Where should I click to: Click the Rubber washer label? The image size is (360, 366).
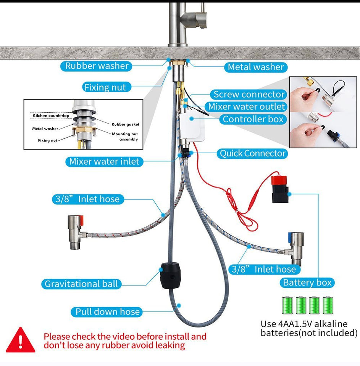click(97, 66)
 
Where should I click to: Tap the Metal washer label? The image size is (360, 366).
click(256, 67)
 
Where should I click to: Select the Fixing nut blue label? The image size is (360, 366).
click(105, 87)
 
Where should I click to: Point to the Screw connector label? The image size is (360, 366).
click(249, 95)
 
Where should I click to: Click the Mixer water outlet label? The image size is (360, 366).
click(247, 106)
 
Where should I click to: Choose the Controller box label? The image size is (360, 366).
click(253, 119)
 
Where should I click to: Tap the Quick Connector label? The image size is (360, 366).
click(252, 154)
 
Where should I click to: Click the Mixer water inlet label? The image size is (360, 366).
click(104, 162)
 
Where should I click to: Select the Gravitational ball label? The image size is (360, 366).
click(82, 284)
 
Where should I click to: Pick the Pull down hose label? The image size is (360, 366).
click(107, 312)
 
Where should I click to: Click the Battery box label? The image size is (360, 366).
click(307, 283)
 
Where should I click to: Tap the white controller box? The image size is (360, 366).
click(193, 127)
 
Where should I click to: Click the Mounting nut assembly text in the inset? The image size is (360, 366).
click(125, 136)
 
